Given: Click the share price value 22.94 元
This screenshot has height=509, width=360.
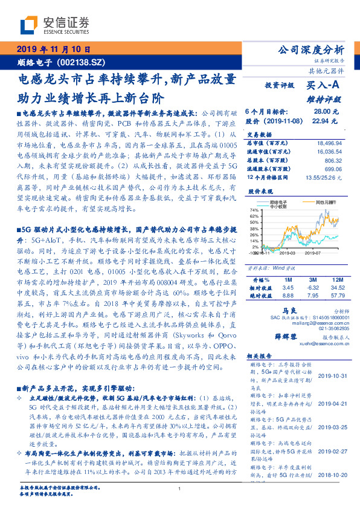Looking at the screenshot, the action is (x=322, y=121).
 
